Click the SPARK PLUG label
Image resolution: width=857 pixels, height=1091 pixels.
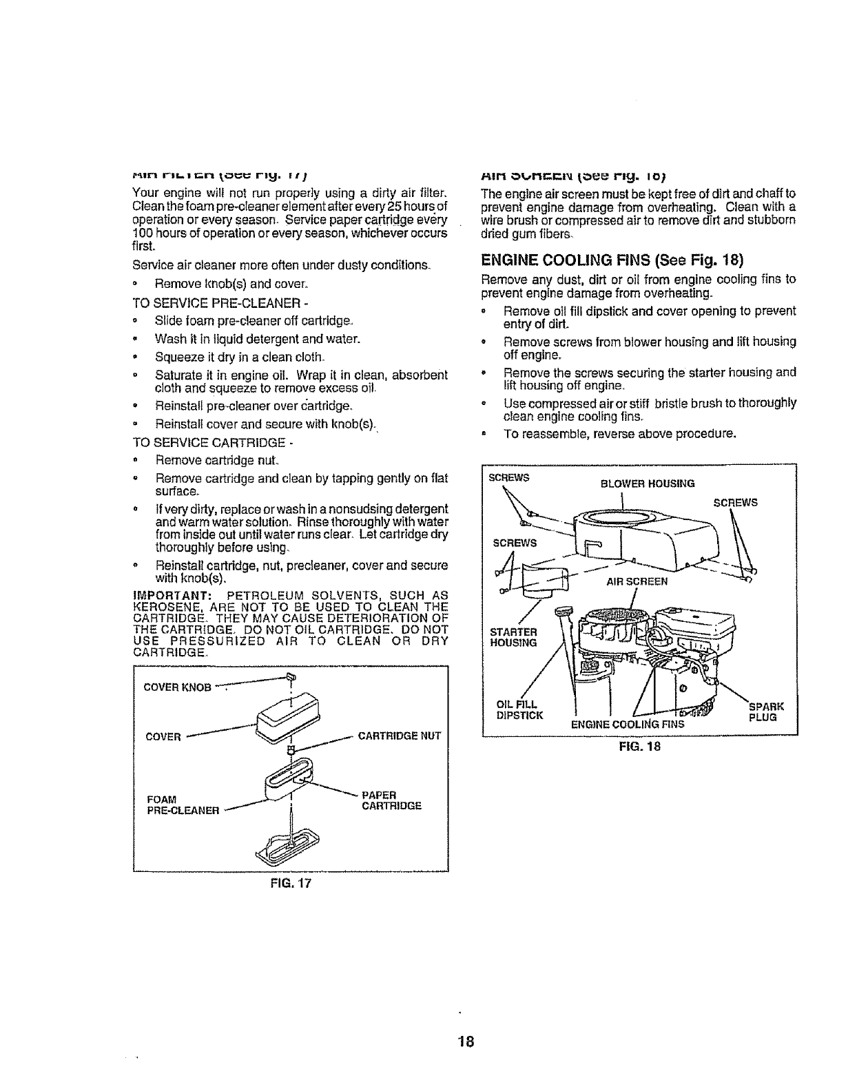(x=763, y=711)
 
